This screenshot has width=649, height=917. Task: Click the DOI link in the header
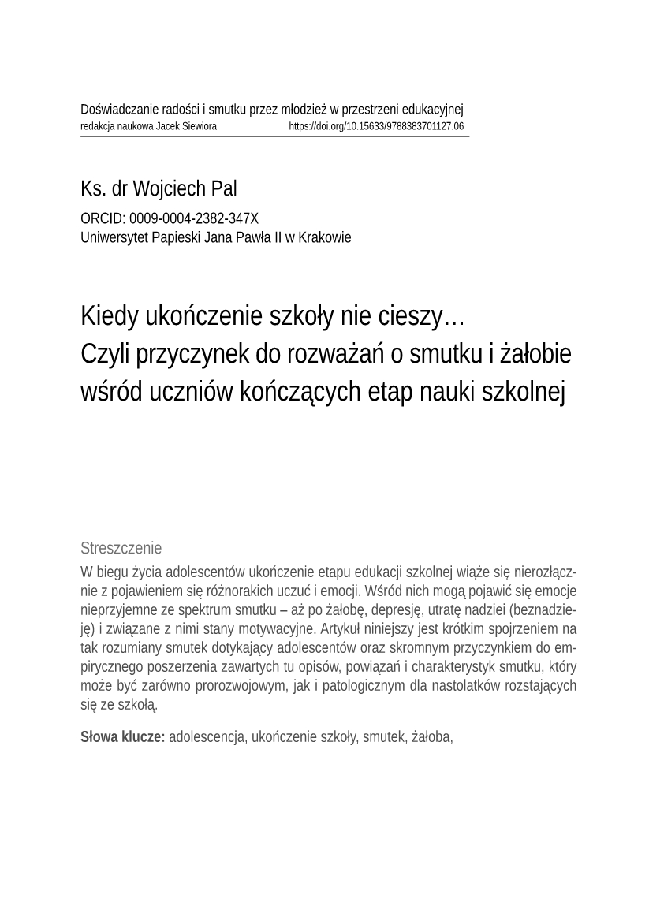pos(376,126)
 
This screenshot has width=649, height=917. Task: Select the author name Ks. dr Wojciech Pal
pos(159,189)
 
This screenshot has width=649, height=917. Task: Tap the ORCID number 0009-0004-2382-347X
pos(193,219)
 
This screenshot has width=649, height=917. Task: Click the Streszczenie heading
pos(121,548)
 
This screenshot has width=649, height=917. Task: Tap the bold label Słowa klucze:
pos(123,737)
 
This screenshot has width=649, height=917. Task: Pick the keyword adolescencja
pos(207,737)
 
